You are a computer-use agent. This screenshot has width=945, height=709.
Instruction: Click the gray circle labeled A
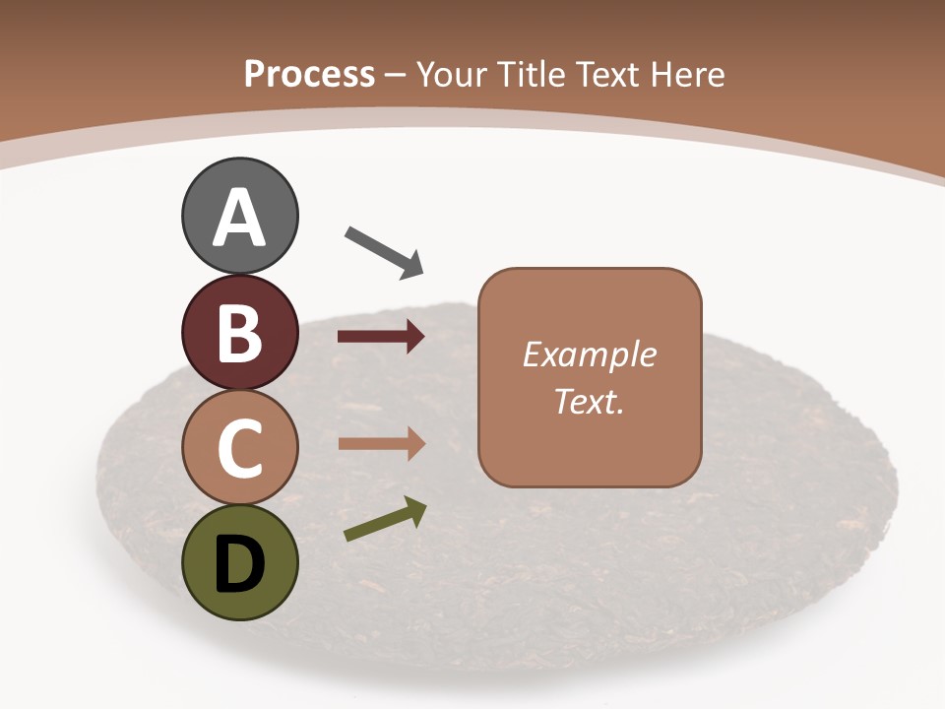(x=239, y=216)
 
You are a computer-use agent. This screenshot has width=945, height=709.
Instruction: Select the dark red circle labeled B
(x=239, y=332)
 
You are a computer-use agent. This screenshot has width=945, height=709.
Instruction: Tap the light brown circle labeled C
(x=239, y=448)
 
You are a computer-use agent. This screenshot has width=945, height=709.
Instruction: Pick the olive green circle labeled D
(x=239, y=563)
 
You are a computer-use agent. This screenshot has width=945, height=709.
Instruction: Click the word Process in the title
(x=309, y=74)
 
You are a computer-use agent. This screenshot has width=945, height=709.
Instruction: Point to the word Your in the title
(x=452, y=74)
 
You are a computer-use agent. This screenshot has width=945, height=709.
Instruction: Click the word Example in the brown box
(x=589, y=354)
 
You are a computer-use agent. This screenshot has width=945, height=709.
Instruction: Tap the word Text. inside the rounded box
(x=589, y=401)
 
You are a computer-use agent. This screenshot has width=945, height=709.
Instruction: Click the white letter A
(x=239, y=218)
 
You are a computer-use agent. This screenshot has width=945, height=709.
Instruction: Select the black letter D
(x=239, y=564)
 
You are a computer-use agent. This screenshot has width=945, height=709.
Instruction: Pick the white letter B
(x=239, y=333)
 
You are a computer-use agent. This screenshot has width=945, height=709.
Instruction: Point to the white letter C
(x=239, y=449)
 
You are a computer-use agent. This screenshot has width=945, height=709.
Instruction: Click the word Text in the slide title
(x=605, y=74)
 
